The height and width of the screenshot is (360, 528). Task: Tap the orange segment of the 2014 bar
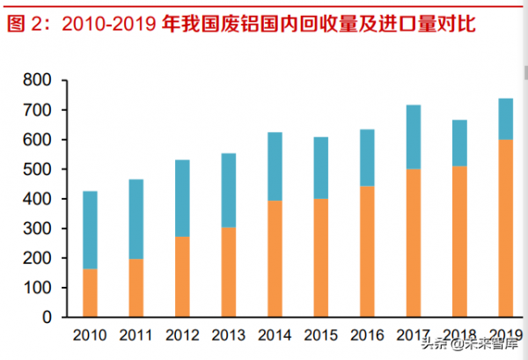point(275,258)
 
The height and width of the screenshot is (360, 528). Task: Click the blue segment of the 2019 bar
point(505,119)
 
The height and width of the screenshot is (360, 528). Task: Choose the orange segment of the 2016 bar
point(367,251)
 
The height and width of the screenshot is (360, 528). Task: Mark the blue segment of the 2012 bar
point(182,198)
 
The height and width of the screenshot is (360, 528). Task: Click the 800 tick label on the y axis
point(38,81)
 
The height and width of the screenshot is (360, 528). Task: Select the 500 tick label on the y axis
point(38,170)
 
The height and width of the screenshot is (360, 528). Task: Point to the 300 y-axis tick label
point(38,229)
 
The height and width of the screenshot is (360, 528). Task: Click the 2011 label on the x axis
point(136,334)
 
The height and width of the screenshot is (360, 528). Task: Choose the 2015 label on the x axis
point(320,334)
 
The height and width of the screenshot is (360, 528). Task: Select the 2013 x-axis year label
point(228,334)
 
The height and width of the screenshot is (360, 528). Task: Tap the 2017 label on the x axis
point(413,334)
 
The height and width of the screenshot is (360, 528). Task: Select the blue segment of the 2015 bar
point(321,167)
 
